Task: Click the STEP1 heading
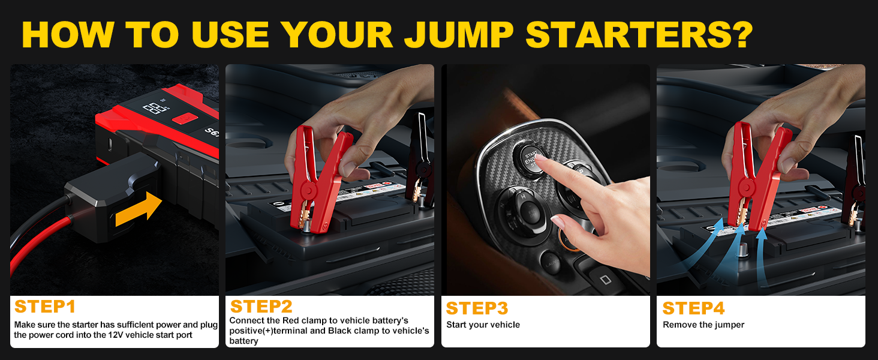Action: point(45,307)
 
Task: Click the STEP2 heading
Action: point(261,307)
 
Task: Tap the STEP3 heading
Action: point(477,308)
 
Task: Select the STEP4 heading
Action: point(693,308)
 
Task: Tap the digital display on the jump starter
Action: point(155,109)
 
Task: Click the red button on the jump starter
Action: point(184,118)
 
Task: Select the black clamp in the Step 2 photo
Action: point(420,159)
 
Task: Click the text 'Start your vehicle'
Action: point(483,325)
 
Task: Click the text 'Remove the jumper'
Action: point(703,325)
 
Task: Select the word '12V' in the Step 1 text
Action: point(110,335)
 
